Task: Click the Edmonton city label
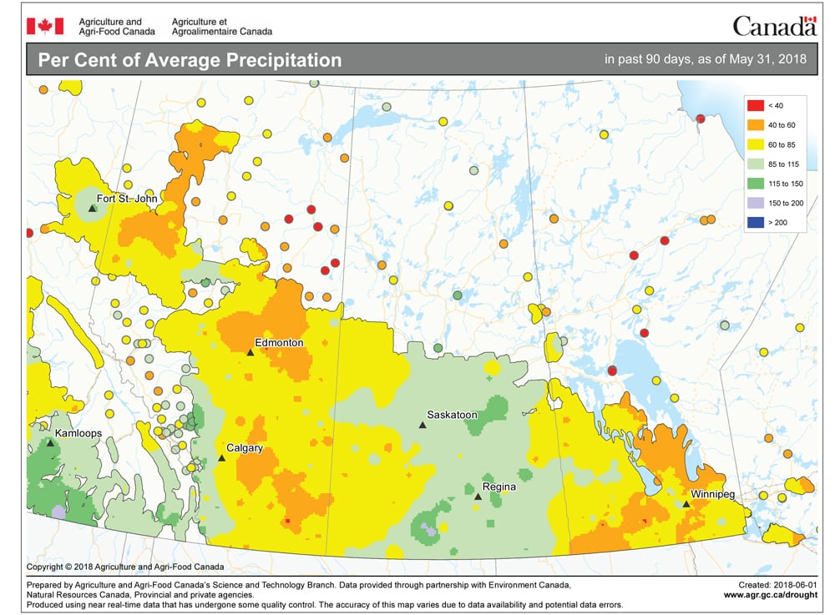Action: pyautogui.click(x=280, y=342)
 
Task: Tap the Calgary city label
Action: pyautogui.click(x=245, y=448)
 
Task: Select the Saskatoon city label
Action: pyautogui.click(x=452, y=415)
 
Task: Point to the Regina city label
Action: pyautogui.click(x=498, y=486)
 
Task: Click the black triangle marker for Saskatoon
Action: pyautogui.click(x=423, y=426)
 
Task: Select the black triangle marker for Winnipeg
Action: pyautogui.click(x=686, y=504)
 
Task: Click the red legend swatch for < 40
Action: pyautogui.click(x=754, y=105)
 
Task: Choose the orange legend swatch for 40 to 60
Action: pyautogui.click(x=754, y=124)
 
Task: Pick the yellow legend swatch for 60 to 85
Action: pyautogui.click(x=754, y=144)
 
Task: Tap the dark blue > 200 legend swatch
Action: pyautogui.click(x=754, y=223)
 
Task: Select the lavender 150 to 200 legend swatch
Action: pyautogui.click(x=754, y=203)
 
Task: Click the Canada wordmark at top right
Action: pyautogui.click(x=774, y=26)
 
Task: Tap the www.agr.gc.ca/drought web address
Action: pyautogui.click(x=770, y=595)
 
